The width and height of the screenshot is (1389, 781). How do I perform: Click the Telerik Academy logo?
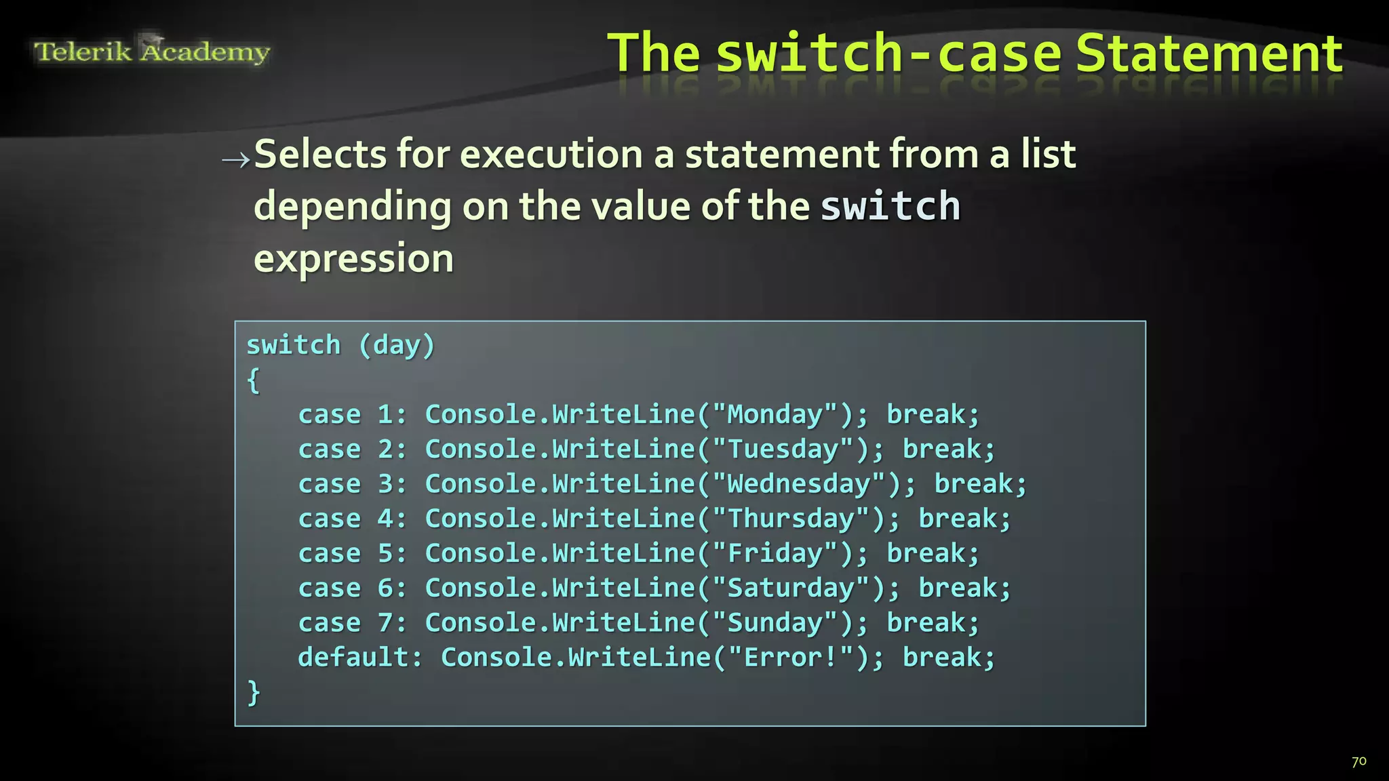pyautogui.click(x=152, y=51)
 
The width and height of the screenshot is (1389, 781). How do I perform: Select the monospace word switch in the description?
pyautogui.click(x=891, y=206)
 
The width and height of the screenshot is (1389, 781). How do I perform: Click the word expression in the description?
pyautogui.click(x=353, y=258)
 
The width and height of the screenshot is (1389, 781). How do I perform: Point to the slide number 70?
pyautogui.click(x=1358, y=761)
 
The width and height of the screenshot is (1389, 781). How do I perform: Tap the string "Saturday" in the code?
pyautogui.click(x=791, y=588)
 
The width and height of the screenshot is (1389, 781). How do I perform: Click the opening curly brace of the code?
pyautogui.click(x=253, y=380)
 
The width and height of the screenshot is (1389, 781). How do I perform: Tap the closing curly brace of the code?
pyautogui.click(x=253, y=692)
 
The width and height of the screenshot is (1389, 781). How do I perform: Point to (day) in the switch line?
pyautogui.click(x=397, y=345)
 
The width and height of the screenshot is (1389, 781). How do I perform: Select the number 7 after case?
pyautogui.click(x=385, y=622)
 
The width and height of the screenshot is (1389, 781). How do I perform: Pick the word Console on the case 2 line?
pyautogui.click(x=481, y=449)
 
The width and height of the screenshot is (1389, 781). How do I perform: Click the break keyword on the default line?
pyautogui.click(x=948, y=658)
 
